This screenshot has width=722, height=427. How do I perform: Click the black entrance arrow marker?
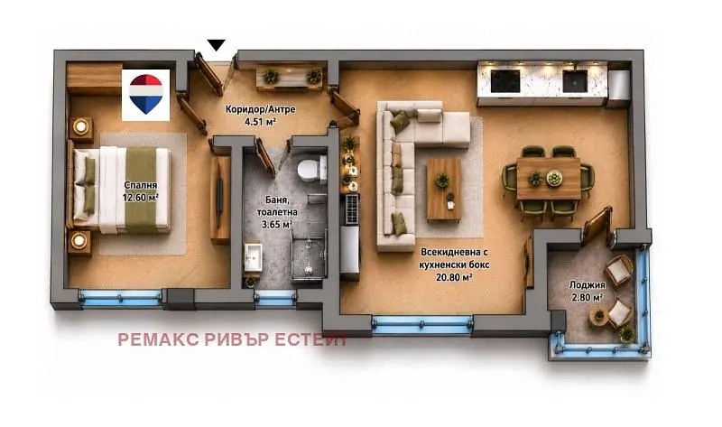click(x=216, y=44)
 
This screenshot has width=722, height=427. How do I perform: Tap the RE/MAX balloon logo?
click(x=145, y=94)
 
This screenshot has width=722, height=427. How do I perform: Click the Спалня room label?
click(x=141, y=185)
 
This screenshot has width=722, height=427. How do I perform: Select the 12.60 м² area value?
click(x=141, y=197)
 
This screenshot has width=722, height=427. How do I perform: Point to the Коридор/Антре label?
click(x=260, y=109)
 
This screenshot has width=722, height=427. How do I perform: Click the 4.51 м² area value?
click(x=260, y=122)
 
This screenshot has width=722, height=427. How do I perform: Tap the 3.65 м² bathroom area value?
click(x=277, y=224)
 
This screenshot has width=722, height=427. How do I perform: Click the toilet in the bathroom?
click(x=311, y=169)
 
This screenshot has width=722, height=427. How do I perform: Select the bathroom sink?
click(x=253, y=258)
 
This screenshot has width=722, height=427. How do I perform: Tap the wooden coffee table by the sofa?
click(x=444, y=189)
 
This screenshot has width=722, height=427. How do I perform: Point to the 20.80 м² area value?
click(x=454, y=277)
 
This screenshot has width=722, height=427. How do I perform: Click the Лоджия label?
click(x=588, y=285)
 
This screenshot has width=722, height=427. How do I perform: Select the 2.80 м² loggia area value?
click(x=588, y=297)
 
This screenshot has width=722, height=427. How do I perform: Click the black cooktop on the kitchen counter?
click(x=505, y=81)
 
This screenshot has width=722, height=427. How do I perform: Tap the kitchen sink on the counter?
click(x=575, y=81)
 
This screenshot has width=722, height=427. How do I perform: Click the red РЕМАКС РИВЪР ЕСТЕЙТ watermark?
click(x=232, y=340)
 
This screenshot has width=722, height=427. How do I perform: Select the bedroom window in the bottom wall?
click(x=121, y=298)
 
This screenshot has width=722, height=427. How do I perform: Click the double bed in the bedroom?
click(x=121, y=190)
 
